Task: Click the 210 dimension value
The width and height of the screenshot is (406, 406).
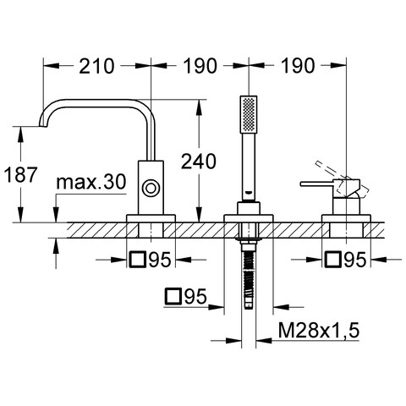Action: pos(96,66)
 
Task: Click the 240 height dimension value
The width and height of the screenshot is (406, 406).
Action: pos(199,162)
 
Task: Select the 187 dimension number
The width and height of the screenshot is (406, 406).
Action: pos(21,175)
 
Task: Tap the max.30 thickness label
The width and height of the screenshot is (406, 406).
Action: pos(91,182)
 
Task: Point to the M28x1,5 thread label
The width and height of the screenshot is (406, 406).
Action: pos(319,330)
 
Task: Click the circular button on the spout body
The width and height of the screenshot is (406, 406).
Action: pos(151,188)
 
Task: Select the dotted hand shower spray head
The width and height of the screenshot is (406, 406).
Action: pos(249,114)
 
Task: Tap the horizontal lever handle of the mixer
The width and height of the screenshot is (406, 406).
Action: pos(317,184)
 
